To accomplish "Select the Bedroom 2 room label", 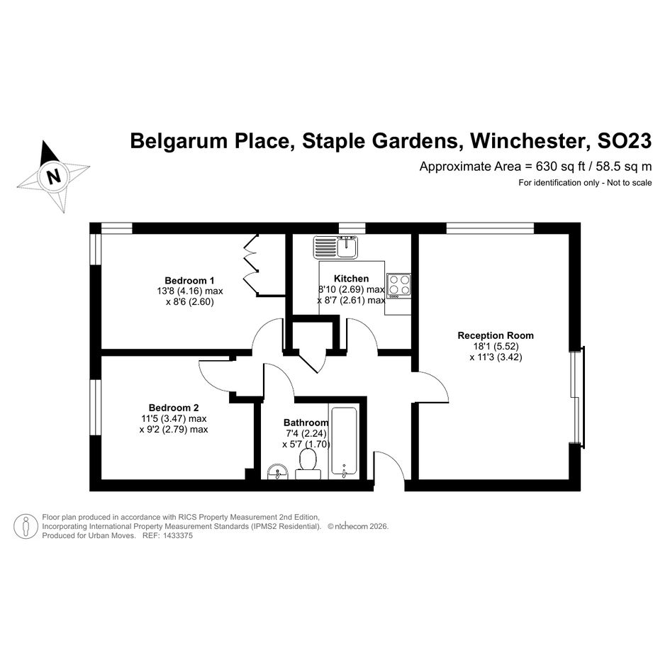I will tap(174, 408).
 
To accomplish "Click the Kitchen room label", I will tap(351, 279).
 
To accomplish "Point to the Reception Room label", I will tap(496, 335).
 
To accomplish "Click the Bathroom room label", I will tap(306, 423).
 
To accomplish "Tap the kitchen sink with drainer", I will tap(336, 247).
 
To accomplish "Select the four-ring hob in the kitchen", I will tap(398, 284).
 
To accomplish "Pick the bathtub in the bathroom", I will tap(345, 441).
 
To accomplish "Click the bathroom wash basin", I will tap(277, 471).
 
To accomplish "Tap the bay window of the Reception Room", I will tap(579, 397).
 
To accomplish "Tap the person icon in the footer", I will tap(26, 526).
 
